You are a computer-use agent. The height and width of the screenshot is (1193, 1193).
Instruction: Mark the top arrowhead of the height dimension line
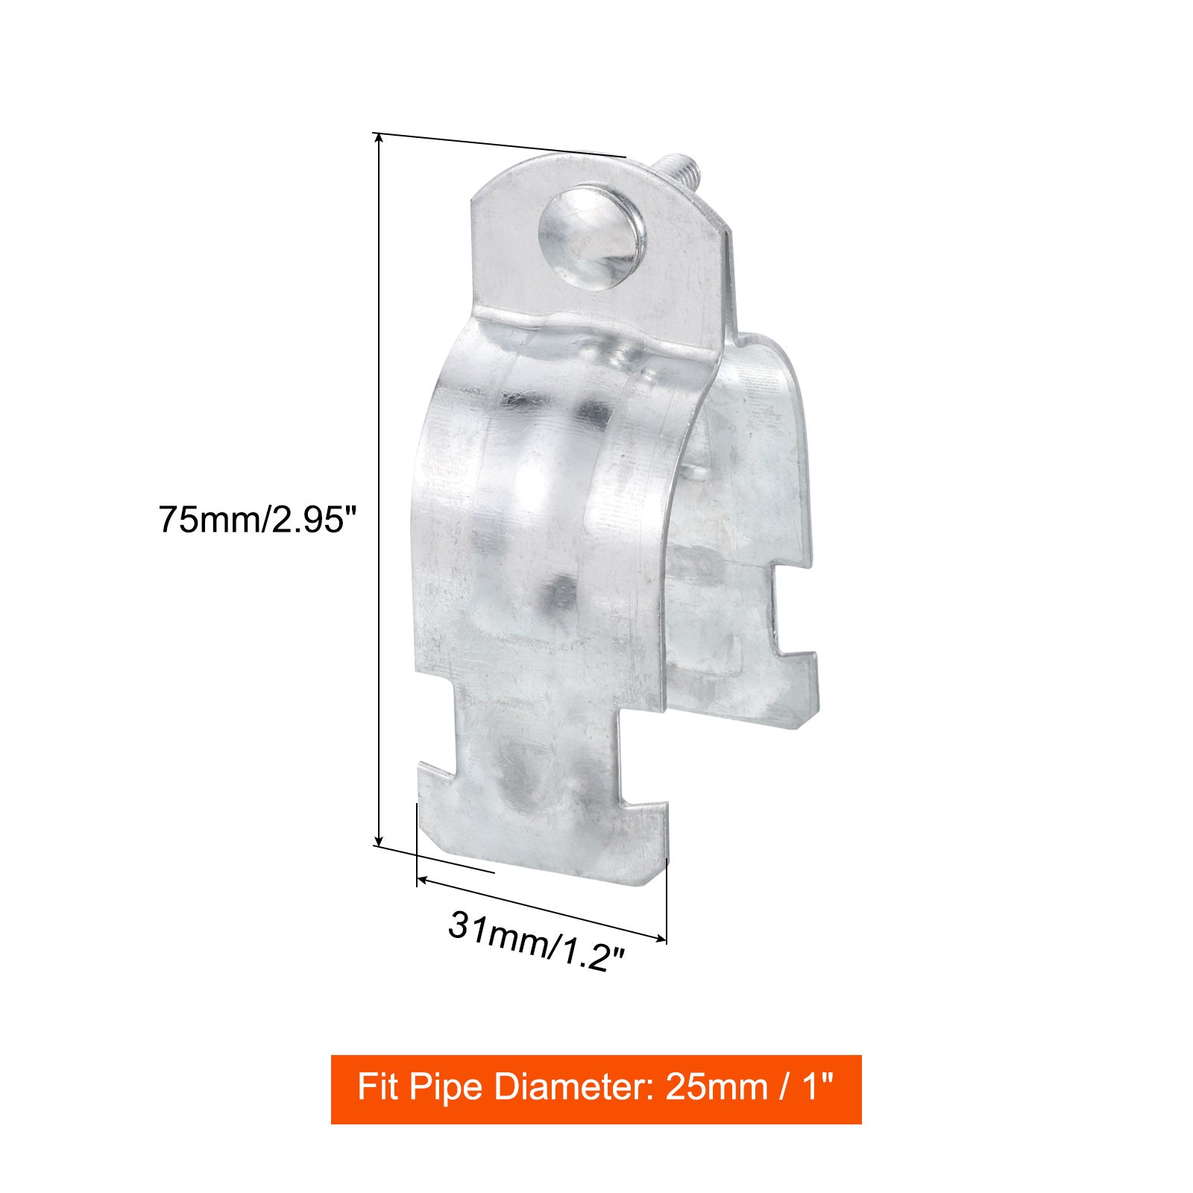pos(380,138)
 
